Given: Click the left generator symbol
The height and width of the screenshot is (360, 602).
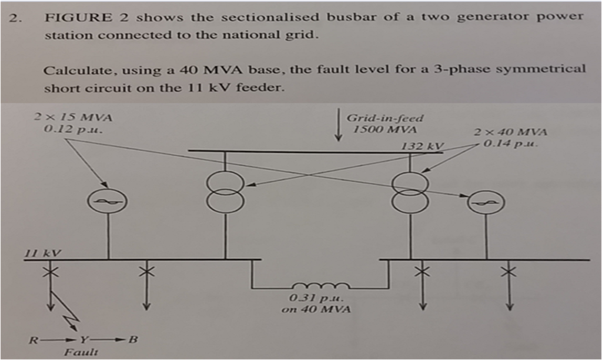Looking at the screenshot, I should (108, 202).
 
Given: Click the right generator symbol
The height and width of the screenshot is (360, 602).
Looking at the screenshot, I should (486, 204).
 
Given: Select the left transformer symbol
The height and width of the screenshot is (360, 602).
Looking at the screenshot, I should (225, 192).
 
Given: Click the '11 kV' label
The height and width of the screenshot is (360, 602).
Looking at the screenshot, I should (42, 254).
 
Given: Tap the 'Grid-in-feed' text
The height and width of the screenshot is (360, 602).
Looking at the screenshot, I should (384, 118).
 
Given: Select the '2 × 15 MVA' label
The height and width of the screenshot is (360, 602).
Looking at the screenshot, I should (73, 117).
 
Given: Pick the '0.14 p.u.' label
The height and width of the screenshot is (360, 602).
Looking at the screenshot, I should (510, 143).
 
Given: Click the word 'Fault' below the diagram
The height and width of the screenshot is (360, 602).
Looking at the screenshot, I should (76, 352).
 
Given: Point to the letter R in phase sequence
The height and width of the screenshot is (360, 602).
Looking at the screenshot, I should (34, 340).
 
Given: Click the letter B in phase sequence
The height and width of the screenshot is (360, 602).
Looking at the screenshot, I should (133, 340).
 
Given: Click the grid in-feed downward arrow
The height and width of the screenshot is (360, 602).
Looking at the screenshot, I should (338, 125).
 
